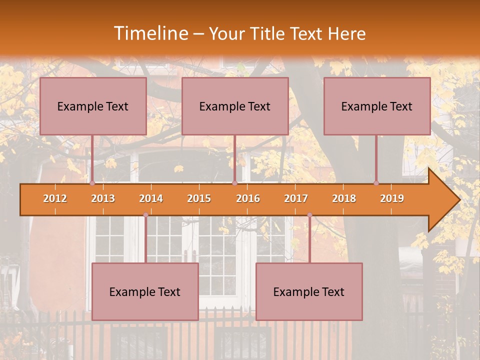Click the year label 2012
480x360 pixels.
click(x=55, y=198)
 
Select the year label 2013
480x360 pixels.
click(x=103, y=198)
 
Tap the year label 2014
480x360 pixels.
click(x=151, y=198)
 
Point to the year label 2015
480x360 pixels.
click(x=199, y=198)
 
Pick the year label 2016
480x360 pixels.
click(x=248, y=198)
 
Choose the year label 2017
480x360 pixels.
click(x=296, y=198)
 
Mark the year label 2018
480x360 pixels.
click(x=344, y=198)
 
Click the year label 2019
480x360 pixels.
click(x=392, y=198)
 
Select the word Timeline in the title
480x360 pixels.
click(x=150, y=33)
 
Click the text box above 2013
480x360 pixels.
click(x=93, y=106)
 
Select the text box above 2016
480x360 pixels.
click(x=235, y=106)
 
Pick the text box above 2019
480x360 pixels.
click(x=377, y=106)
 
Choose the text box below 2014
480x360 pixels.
click(x=145, y=291)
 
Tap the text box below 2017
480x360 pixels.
click(x=309, y=291)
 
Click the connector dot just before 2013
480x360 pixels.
click(x=92, y=183)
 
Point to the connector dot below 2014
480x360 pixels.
click(x=145, y=215)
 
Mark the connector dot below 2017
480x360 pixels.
click(x=309, y=215)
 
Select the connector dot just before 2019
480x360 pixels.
click(x=376, y=183)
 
